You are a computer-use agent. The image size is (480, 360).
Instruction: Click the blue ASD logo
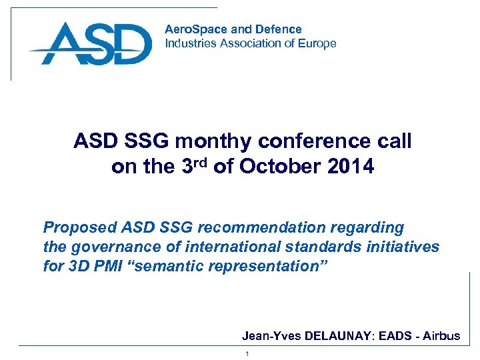[91, 45]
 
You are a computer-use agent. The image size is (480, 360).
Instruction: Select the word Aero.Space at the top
[191, 29]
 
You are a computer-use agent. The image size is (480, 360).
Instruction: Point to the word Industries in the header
[190, 43]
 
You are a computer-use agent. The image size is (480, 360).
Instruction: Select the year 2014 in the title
[351, 167]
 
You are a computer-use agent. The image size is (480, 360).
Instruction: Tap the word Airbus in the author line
[441, 336]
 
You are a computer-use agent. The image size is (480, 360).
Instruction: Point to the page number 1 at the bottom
[247, 353]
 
